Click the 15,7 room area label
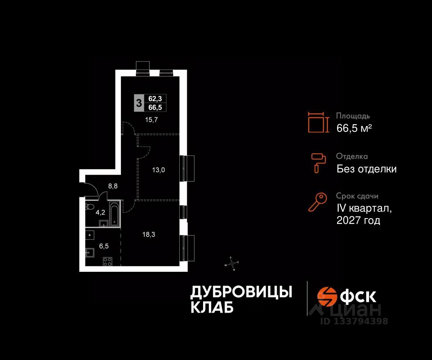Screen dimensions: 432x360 (x=152, y=120)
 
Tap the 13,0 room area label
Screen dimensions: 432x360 (x=158, y=170)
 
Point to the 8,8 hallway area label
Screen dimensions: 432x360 (x=113, y=186)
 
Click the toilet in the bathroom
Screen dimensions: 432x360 (x=90, y=207)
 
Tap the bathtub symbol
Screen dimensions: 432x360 (x=114, y=215)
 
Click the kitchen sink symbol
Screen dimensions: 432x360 (x=90, y=252)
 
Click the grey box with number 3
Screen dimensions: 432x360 (x=139, y=102)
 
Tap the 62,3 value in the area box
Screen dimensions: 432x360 (x=155, y=98)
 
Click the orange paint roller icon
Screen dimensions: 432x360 (x=318, y=162)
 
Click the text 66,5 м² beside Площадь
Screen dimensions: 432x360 (x=354, y=128)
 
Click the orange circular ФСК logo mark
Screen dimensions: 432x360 (x=326, y=296)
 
